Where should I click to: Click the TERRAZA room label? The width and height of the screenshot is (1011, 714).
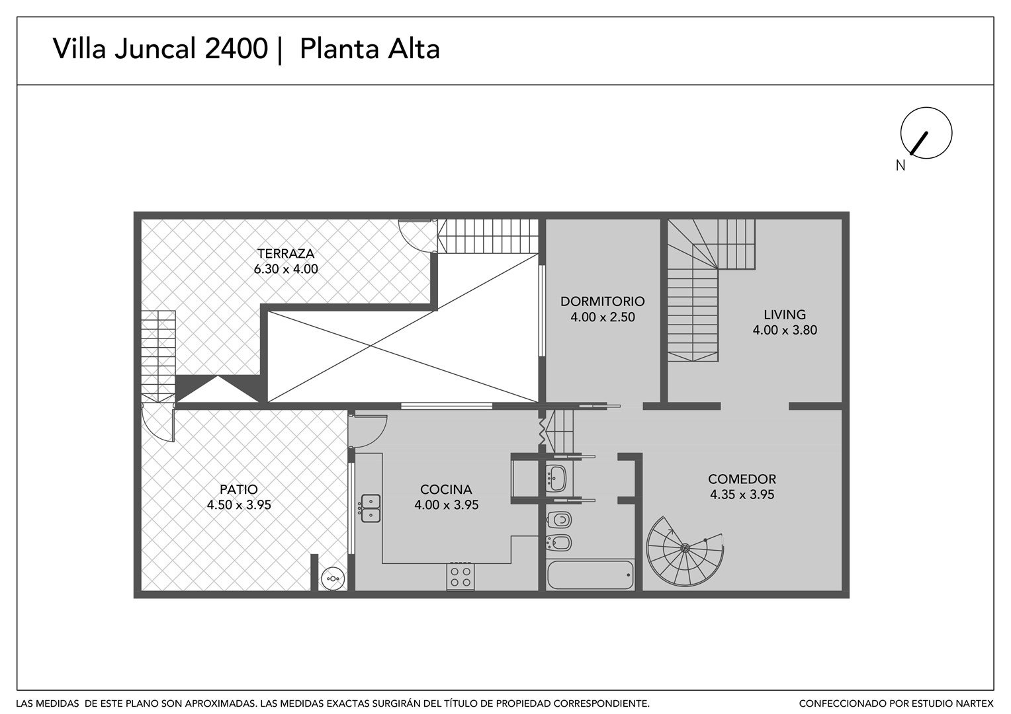[285, 253]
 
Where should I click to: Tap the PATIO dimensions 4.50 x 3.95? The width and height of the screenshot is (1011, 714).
[239, 504]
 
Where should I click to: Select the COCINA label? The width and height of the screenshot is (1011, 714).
[446, 489]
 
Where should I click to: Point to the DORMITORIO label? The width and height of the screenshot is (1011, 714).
[603, 301]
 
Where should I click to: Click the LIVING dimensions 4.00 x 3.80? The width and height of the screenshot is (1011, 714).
[785, 330]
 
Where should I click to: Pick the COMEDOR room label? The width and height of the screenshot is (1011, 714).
[742, 479]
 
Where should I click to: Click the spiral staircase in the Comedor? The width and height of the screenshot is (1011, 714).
[685, 551]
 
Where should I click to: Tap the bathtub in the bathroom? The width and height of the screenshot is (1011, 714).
[590, 575]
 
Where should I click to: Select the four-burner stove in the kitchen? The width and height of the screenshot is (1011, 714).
[461, 577]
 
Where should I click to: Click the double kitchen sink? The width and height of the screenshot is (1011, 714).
[370, 509]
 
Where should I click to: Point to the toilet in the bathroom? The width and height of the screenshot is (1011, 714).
[558, 520]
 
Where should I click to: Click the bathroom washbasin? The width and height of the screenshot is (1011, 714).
[556, 479]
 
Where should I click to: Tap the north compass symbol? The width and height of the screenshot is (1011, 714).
[926, 133]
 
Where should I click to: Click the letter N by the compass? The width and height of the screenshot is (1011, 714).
[901, 166]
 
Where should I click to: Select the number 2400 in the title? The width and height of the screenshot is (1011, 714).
[236, 49]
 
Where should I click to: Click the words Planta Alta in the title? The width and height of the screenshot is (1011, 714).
[370, 49]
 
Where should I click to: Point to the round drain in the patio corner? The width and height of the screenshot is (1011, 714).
[333, 578]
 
